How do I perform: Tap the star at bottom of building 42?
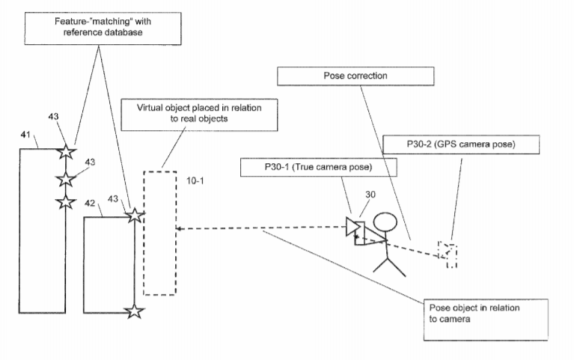133,311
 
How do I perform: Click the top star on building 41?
65,152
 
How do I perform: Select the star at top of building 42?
134,216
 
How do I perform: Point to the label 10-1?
193,181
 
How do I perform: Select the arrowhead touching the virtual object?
180,228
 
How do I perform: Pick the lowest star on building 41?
66,202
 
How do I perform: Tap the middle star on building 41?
66,179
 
